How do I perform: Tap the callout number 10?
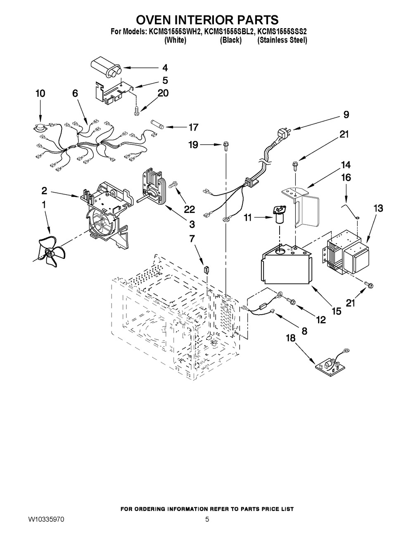[x=40, y=94]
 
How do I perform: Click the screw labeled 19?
[x=225, y=146]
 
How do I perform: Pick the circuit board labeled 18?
[x=329, y=365]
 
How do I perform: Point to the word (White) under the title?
[x=175, y=41]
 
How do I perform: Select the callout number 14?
[x=346, y=165]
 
